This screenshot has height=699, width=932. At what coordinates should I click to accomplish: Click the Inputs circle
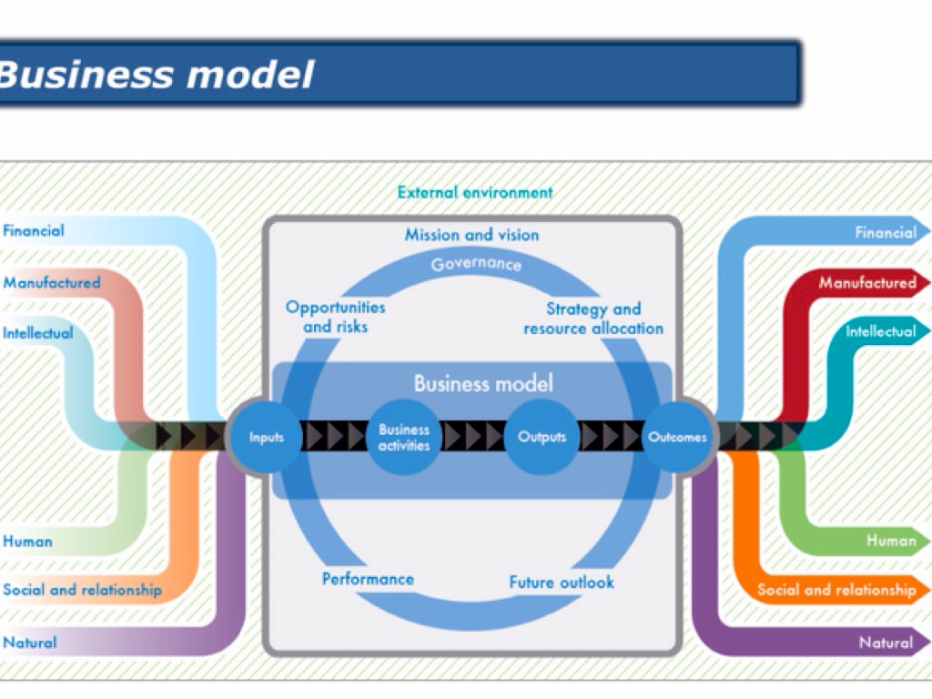point(267,438)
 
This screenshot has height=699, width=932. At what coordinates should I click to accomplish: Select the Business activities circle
point(404,437)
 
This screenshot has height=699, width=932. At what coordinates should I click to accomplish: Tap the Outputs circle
point(542,438)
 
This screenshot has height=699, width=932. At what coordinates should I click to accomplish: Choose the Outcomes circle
point(678,438)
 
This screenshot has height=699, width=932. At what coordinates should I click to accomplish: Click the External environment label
point(475,193)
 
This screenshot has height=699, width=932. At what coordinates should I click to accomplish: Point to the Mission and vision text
point(471,235)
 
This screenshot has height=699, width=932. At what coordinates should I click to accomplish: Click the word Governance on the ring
point(476,265)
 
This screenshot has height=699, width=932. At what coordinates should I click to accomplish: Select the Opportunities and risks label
point(336,317)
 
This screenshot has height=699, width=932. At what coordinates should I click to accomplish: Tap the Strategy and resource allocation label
point(593,319)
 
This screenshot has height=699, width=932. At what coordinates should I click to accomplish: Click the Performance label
point(368,579)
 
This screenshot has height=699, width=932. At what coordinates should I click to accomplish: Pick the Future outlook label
point(562,582)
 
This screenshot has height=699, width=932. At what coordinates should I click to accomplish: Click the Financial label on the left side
point(34,231)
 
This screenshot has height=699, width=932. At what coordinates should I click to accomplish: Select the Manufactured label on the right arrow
point(867,283)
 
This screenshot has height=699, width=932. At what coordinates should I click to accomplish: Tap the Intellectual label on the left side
point(38,333)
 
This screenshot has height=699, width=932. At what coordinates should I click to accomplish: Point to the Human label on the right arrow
point(891,541)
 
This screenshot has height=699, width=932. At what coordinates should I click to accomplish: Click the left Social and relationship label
point(82,590)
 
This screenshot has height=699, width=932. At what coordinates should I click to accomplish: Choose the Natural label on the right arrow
point(886,643)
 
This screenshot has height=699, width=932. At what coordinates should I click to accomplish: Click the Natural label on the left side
point(30,643)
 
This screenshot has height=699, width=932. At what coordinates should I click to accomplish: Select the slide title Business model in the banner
point(157,75)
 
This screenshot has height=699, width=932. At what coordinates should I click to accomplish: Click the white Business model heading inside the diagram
point(483,383)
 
